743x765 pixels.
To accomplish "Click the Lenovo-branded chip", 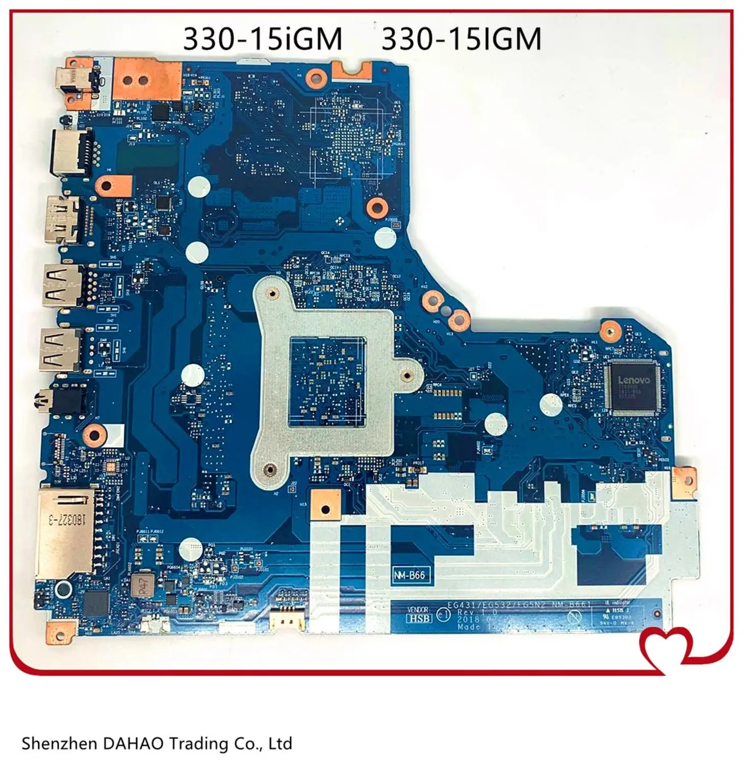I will pos(633,387).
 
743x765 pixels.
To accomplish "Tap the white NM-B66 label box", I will pos(409,575).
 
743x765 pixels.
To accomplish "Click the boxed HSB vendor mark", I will pos(419,618).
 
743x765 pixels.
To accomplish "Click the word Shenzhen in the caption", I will pos(58,744).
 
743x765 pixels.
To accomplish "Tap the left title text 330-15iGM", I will pos(263,39).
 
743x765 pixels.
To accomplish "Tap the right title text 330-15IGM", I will pos(462,39).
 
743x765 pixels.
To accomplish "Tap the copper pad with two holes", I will pos(147,79).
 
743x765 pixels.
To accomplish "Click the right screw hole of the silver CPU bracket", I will pos(406,375).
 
